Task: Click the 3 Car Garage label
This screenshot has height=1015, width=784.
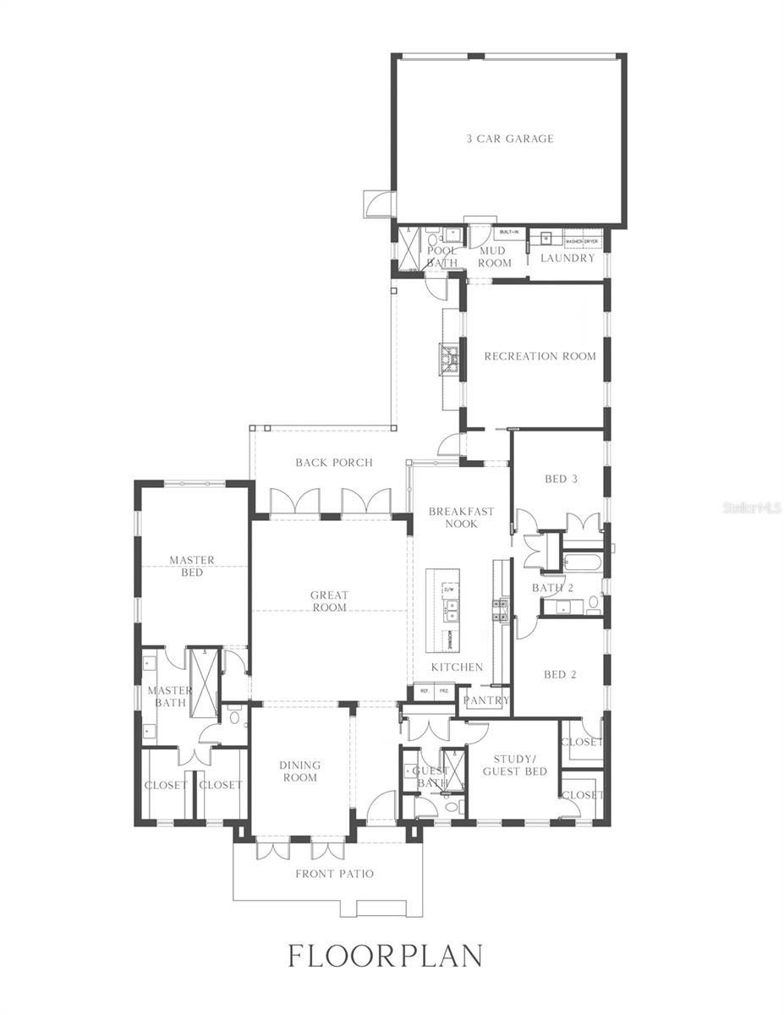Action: click(x=510, y=139)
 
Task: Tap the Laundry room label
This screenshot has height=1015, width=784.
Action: click(x=567, y=258)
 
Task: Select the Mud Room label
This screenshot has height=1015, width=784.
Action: click(x=495, y=257)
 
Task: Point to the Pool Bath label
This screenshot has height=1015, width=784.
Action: click(x=441, y=257)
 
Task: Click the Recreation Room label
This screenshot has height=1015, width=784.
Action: click(x=540, y=356)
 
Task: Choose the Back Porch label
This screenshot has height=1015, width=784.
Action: click(x=334, y=463)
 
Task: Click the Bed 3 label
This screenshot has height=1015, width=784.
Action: click(x=561, y=479)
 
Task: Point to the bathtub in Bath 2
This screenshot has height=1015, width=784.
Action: click(x=582, y=562)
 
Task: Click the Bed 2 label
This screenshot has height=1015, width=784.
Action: click(x=560, y=674)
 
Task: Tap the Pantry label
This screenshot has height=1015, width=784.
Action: click(x=486, y=700)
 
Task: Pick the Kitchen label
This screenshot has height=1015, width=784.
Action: click(x=457, y=667)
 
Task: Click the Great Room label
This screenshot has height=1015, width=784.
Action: click(x=329, y=601)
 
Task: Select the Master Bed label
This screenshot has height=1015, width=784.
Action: click(x=192, y=566)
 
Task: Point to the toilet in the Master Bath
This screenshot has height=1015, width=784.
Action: click(x=233, y=717)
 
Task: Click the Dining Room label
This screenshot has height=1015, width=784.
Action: click(x=300, y=771)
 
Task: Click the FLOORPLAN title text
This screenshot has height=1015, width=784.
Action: click(x=386, y=956)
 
